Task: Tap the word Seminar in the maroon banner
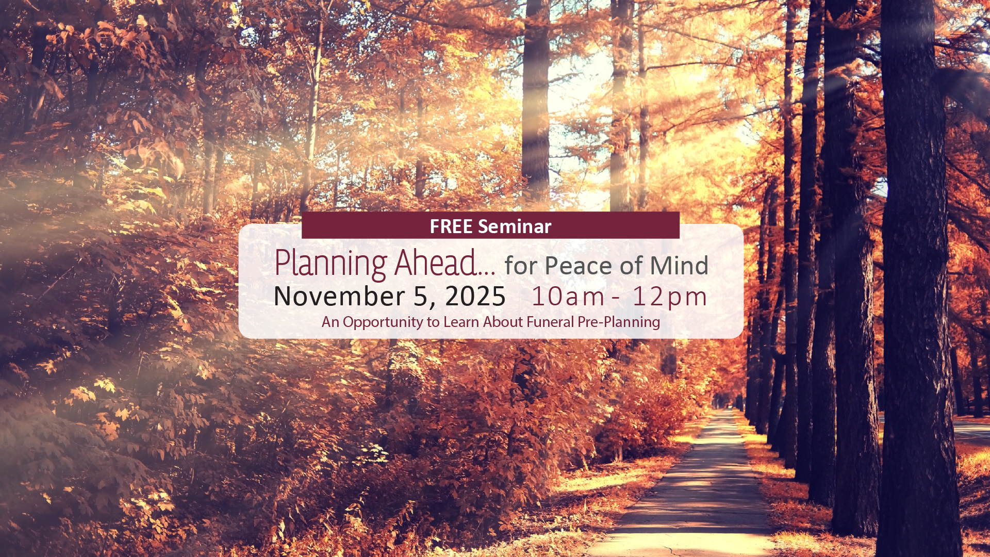[515, 226]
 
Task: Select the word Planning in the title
[331, 264]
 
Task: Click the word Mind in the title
[679, 266]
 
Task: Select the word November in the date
[339, 297]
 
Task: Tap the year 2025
[475, 297]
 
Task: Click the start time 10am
[568, 297]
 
